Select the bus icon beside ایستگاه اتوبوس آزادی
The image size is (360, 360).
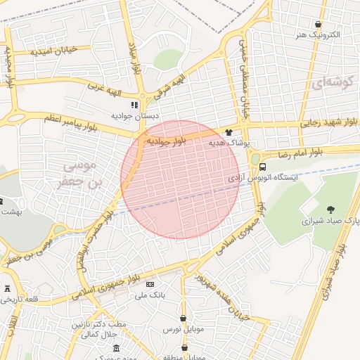pyautogui.click(x=262, y=167)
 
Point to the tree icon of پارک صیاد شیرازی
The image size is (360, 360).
pyautogui.click(x=330, y=209)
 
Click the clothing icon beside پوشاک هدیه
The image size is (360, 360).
pyautogui.click(x=229, y=132)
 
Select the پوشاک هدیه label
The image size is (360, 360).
pyautogui.click(x=229, y=143)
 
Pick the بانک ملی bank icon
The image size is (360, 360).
pyautogui.click(x=149, y=284)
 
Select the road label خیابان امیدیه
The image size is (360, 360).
pyautogui.click(x=61, y=50)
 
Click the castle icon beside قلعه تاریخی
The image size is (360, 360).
pyautogui.click(x=8, y=288)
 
